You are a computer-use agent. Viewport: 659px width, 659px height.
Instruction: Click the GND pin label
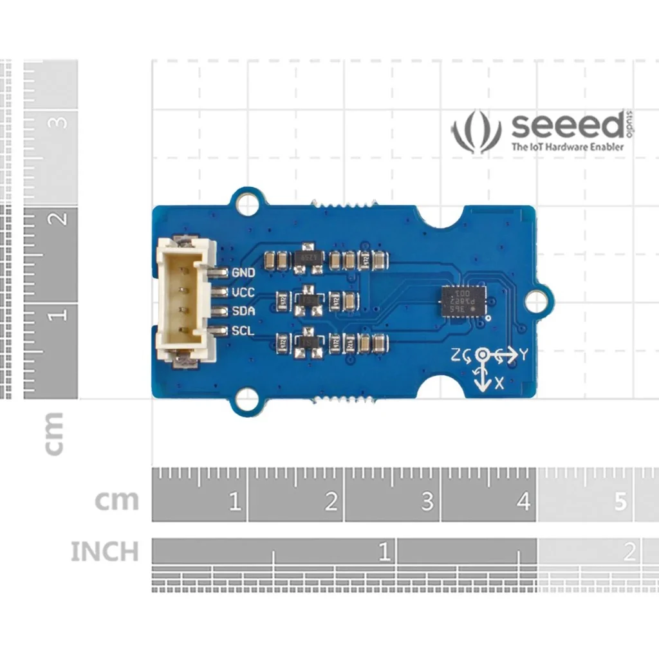click(x=243, y=273)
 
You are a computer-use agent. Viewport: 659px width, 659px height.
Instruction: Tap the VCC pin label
click(x=243, y=293)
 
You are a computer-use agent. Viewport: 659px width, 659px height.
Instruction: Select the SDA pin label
click(x=243, y=311)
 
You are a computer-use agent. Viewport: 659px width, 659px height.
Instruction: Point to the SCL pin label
click(x=243, y=331)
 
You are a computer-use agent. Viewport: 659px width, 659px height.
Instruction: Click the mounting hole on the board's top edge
click(x=246, y=203)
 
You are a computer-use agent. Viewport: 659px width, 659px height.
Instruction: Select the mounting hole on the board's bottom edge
click(x=246, y=401)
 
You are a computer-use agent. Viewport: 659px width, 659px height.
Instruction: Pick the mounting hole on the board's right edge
click(x=535, y=301)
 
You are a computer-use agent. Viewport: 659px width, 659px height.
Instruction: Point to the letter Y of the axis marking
click(x=524, y=354)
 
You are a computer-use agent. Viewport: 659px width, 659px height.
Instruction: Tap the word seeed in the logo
click(x=566, y=127)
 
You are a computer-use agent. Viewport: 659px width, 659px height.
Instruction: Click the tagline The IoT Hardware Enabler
click(x=567, y=147)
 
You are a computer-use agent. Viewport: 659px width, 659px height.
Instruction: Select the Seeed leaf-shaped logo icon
click(x=476, y=131)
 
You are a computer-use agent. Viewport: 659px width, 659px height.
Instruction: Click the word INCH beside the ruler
click(x=104, y=552)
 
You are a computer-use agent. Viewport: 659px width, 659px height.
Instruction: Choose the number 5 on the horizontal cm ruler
click(x=620, y=501)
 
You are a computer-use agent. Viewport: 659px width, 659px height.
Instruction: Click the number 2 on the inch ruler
click(x=629, y=552)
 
